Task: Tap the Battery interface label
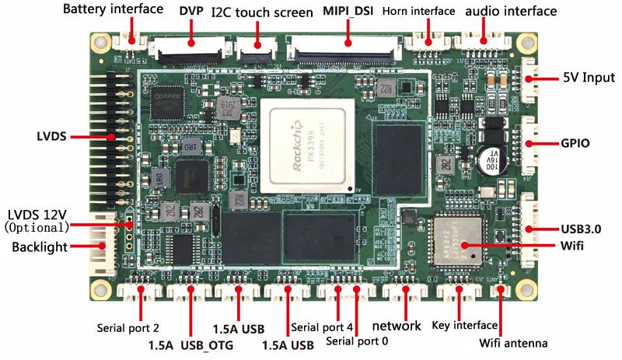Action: click(x=113, y=10)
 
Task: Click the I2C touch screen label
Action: click(x=259, y=12)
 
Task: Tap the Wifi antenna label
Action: click(x=513, y=343)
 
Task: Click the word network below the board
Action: click(x=397, y=325)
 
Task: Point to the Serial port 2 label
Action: click(x=128, y=327)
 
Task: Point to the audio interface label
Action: click(x=511, y=12)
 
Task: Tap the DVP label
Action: click(x=191, y=12)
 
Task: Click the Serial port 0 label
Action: click(x=357, y=341)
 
